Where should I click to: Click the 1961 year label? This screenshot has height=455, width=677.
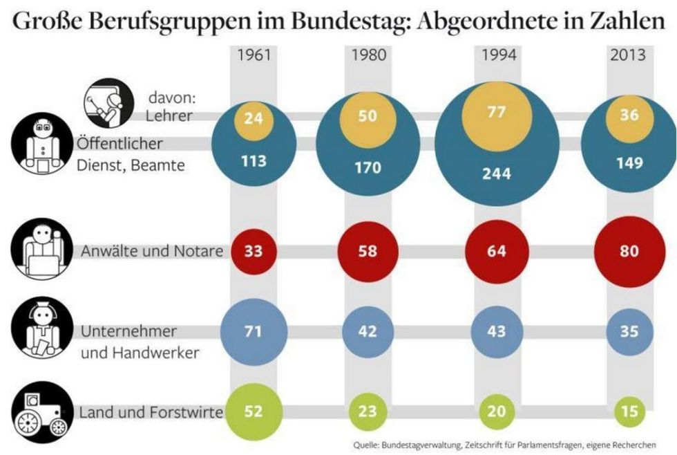pyautogui.click(x=254, y=55)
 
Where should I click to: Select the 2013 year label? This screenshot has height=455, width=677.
pyautogui.click(x=628, y=55)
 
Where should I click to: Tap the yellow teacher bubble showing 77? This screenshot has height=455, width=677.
pyautogui.click(x=497, y=111)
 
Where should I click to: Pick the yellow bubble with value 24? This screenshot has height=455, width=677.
pyautogui.click(x=254, y=118)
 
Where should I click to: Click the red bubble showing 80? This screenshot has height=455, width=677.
pyautogui.click(x=629, y=250)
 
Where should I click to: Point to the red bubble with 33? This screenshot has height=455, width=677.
pyautogui.click(x=254, y=250)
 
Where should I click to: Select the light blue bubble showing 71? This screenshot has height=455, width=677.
pyautogui.click(x=254, y=331)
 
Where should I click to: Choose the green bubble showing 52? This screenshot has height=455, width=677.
pyautogui.click(x=254, y=411)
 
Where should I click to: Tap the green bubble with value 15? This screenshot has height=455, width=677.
pyautogui.click(x=629, y=411)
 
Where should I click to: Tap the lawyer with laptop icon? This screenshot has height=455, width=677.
pyautogui.click(x=41, y=251)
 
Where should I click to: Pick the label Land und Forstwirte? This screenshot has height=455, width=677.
pyautogui.click(x=151, y=413)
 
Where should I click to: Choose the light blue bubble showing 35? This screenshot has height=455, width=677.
pyautogui.click(x=629, y=331)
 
